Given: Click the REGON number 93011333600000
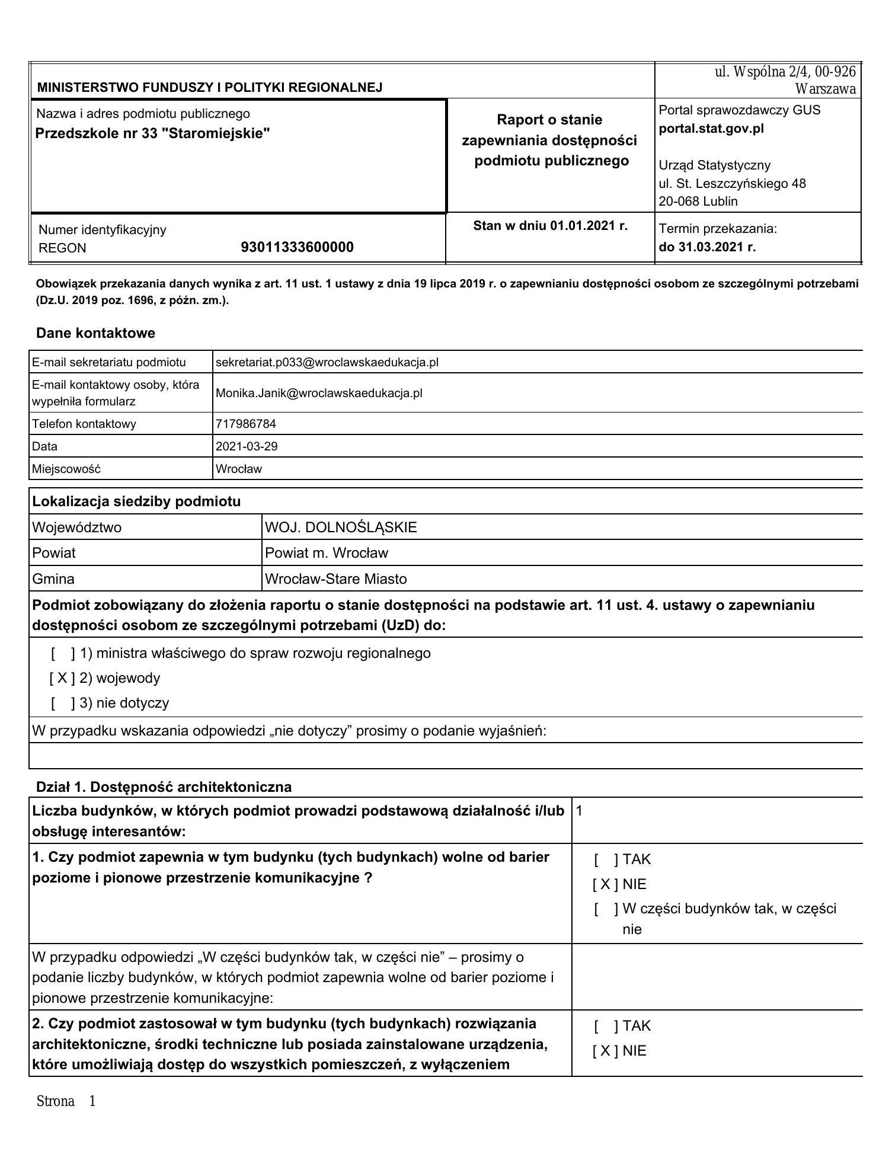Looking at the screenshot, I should [x=297, y=247].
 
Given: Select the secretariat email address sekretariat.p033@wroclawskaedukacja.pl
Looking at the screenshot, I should [x=327, y=362].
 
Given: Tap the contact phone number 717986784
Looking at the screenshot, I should [x=245, y=424].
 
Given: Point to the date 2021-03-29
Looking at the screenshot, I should [x=246, y=446].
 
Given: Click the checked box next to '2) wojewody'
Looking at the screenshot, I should [x=62, y=678].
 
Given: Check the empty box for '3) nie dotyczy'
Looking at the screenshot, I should [x=63, y=703].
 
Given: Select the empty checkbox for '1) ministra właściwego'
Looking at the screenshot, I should [x=63, y=653].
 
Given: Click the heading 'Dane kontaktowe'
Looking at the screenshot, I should [x=95, y=333].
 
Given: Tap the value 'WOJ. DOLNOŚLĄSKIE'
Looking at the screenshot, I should [x=341, y=527].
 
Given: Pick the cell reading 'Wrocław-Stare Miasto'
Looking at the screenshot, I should [x=335, y=579].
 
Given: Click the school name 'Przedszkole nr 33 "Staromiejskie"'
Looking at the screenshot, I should [x=152, y=133].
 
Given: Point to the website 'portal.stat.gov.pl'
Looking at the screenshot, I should [x=711, y=129].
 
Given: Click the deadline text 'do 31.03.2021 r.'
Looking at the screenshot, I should [x=707, y=247].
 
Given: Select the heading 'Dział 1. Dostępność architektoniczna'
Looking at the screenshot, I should [x=164, y=786].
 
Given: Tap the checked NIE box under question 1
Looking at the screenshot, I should [x=605, y=884].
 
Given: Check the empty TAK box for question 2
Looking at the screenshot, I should [x=606, y=1026].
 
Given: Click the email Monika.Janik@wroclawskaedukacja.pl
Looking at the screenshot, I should [x=319, y=393].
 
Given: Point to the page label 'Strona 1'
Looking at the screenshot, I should [x=66, y=1101].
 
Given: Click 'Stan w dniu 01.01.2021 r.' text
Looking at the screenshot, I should [x=550, y=226].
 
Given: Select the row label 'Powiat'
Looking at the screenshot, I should [x=54, y=553].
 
